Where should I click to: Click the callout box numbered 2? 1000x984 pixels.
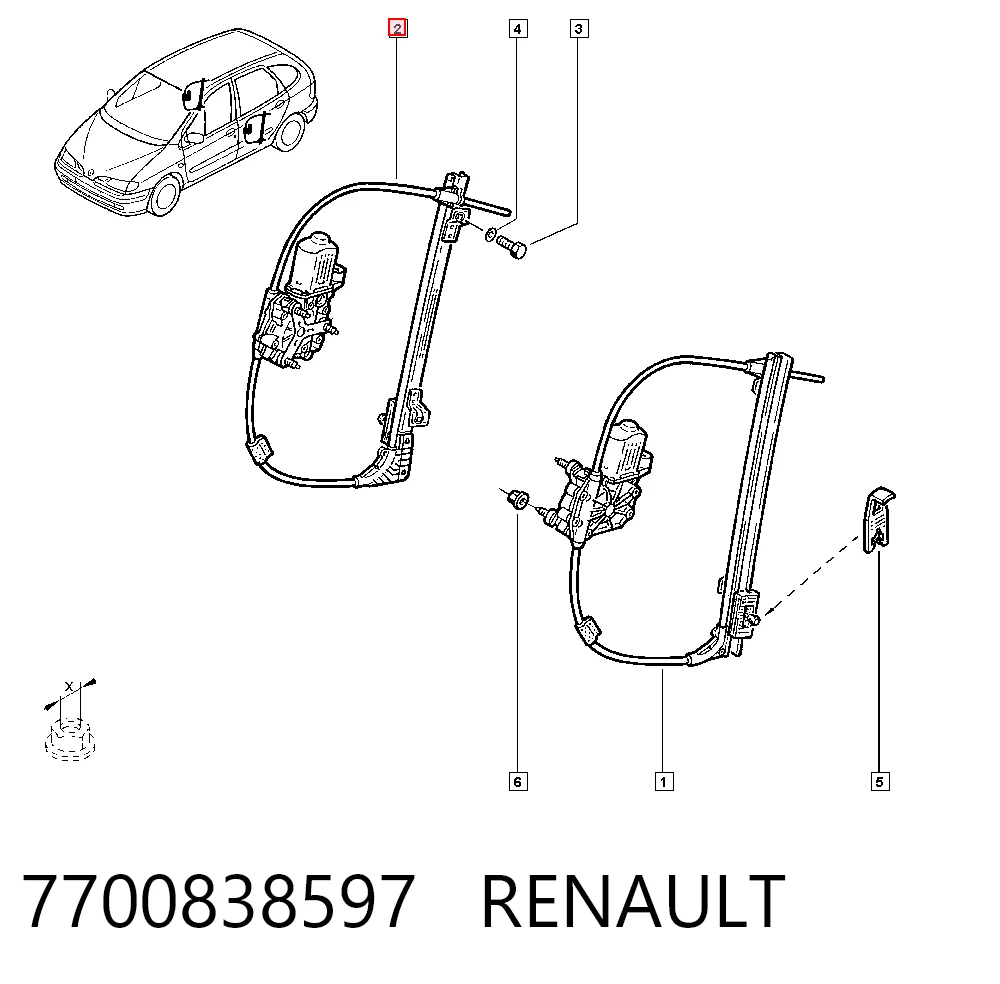(398, 29)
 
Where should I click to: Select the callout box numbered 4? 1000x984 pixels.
(518, 29)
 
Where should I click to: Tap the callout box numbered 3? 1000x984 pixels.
(578, 29)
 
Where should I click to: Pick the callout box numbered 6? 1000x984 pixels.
(518, 781)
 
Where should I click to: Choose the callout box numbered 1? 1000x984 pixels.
(664, 781)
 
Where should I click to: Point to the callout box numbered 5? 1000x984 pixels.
(879, 781)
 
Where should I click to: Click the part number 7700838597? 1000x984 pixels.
(218, 901)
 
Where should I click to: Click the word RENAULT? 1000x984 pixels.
(633, 901)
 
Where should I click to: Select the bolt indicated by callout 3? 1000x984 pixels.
(511, 246)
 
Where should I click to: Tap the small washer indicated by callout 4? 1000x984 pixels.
(490, 234)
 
